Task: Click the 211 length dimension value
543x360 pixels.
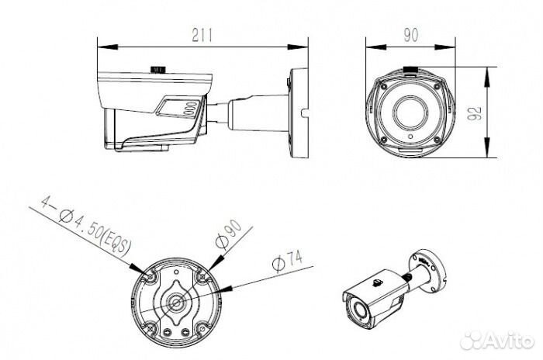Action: pyautogui.click(x=202, y=35)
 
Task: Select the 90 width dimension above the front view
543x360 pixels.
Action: pyautogui.click(x=410, y=35)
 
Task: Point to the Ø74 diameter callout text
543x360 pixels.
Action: pyautogui.click(x=288, y=261)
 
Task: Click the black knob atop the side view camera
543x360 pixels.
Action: pyautogui.click(x=158, y=69)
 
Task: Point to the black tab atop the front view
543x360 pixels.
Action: pyautogui.click(x=410, y=69)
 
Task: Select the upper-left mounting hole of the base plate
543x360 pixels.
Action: pyautogui.click(x=151, y=276)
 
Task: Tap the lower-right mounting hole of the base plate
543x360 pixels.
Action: pyautogui.click(x=202, y=327)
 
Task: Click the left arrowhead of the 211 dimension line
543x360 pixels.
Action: pyautogui.click(x=108, y=47)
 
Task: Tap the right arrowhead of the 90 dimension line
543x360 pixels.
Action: pyautogui.click(x=445, y=47)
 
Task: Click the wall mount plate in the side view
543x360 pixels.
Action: pyautogui.click(x=299, y=113)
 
